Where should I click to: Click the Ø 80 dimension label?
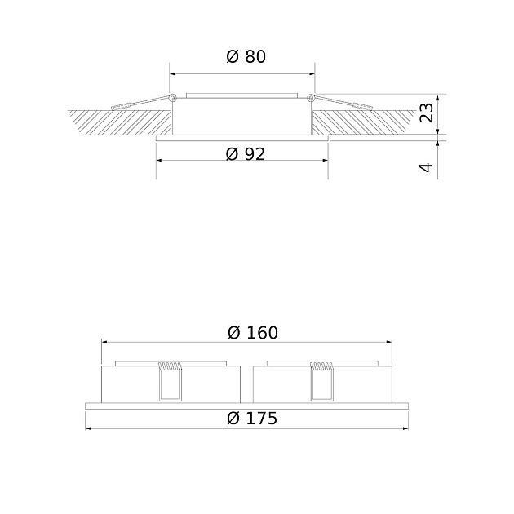coord(246,57)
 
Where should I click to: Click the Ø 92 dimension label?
coord(246,153)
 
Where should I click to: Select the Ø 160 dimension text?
coord(253,332)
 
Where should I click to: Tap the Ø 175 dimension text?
coord(252,419)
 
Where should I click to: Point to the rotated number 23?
coord(426,113)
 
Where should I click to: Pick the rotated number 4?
coord(426,167)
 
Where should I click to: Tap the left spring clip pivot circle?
coord(174,99)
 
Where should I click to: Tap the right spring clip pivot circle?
coord(311,99)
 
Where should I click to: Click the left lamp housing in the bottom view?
coord(131,383)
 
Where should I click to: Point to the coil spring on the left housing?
coord(170,366)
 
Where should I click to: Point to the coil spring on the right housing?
coord(321,366)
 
